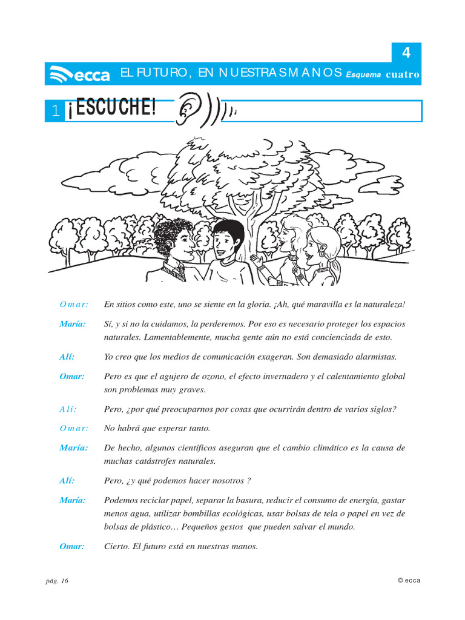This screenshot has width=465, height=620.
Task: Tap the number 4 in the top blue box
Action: (x=406, y=53)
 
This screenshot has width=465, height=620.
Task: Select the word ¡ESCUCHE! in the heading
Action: (x=112, y=109)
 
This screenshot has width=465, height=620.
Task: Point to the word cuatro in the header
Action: (x=403, y=75)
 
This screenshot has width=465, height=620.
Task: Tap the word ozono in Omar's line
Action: (x=211, y=376)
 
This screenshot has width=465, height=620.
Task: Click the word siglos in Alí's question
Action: (x=382, y=409)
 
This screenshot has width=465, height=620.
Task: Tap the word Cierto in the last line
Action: (x=117, y=546)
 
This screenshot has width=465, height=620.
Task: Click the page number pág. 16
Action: (x=57, y=581)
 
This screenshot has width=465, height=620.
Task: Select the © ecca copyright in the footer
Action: (x=409, y=580)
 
